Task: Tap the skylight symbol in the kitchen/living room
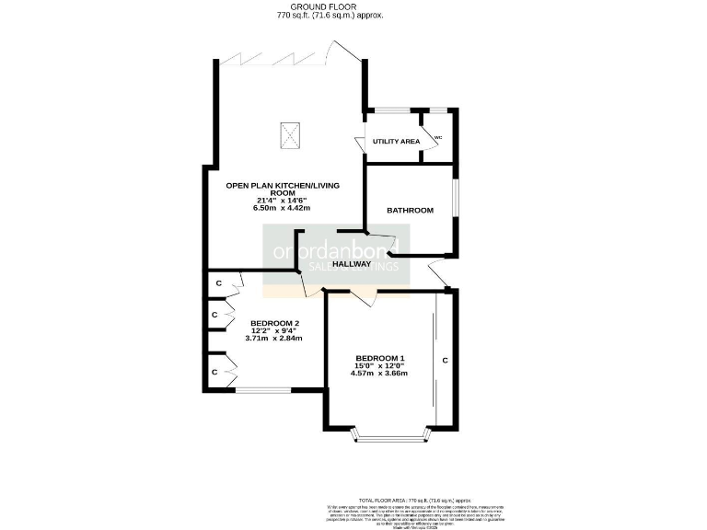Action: tap(291, 137)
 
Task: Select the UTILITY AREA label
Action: tap(396, 141)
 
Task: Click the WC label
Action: tap(438, 138)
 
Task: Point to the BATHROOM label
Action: tap(410, 211)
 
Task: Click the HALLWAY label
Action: tap(352, 264)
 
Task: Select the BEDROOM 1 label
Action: tap(380, 357)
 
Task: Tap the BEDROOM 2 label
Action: tap(274, 323)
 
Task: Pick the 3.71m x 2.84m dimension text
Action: tap(274, 339)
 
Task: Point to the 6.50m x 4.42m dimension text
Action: tap(282, 208)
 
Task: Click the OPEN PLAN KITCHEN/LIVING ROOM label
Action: tap(283, 190)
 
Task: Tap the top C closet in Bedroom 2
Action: tap(218, 282)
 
